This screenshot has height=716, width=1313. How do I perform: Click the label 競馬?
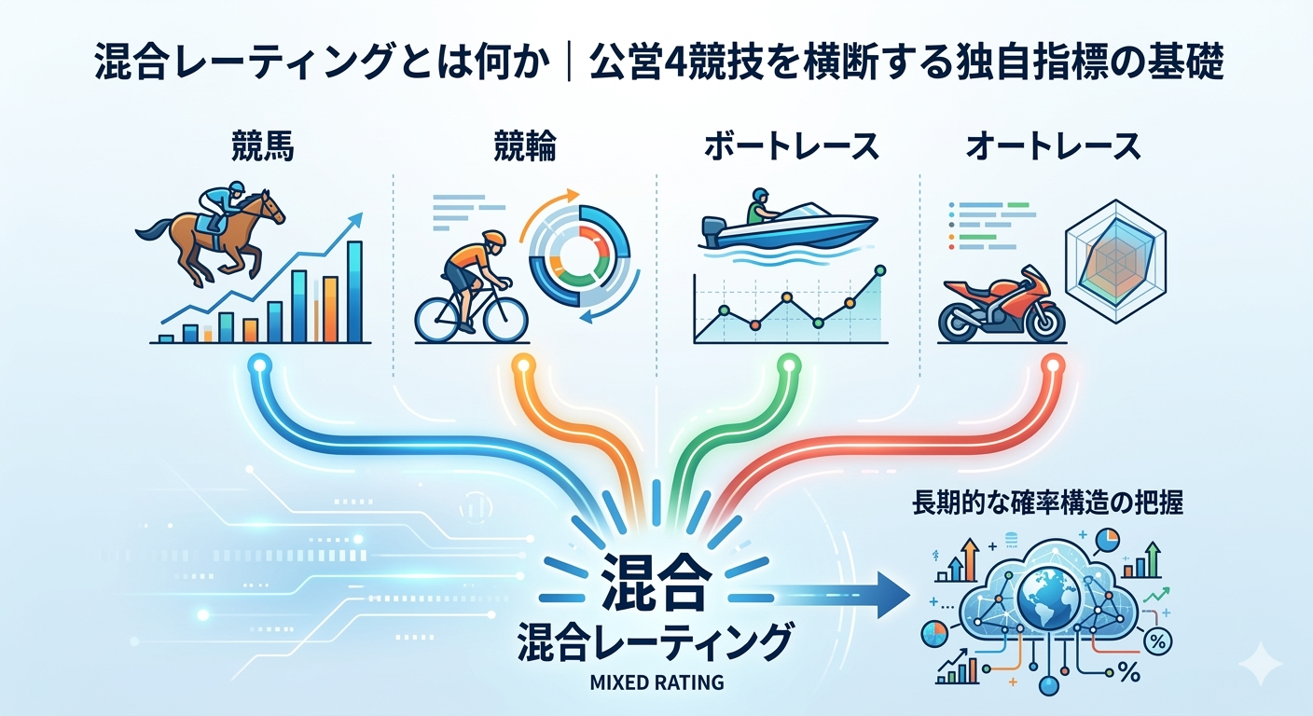(x=262, y=146)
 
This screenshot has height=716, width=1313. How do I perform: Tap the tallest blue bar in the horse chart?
(x=354, y=292)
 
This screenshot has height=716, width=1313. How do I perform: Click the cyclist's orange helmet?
(x=494, y=240)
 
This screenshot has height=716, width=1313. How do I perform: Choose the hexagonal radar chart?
(x=1115, y=254)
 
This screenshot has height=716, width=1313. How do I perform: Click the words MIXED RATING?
(x=656, y=682)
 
